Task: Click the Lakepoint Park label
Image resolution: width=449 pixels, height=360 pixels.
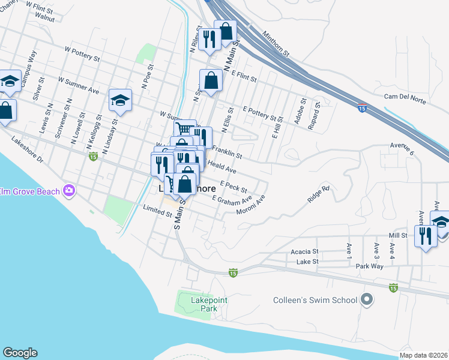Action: pos(200,304)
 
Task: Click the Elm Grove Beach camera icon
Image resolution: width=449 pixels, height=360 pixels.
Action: pos(70,191)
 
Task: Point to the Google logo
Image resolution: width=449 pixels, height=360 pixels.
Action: pos(20,353)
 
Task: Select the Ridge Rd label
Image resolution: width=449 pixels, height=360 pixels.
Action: pos(319,195)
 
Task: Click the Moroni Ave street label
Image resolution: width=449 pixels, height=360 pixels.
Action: pos(252,208)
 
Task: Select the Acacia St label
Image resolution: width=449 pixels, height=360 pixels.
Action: pos(304,252)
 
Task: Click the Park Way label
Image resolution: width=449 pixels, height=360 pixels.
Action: pos(369,265)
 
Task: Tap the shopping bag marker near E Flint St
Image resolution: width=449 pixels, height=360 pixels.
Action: pos(211,80)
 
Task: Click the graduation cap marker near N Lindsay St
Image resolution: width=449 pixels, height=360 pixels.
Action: pos(120,100)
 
